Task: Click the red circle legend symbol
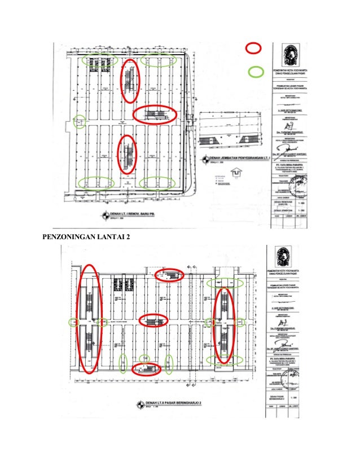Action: (253, 49)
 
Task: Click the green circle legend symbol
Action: (256, 72)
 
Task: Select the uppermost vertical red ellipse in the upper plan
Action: (130, 81)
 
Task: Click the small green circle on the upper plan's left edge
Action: (81, 121)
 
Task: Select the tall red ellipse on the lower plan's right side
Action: (224, 326)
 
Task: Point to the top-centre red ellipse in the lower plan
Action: (170, 275)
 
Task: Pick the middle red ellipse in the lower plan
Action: (154, 320)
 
